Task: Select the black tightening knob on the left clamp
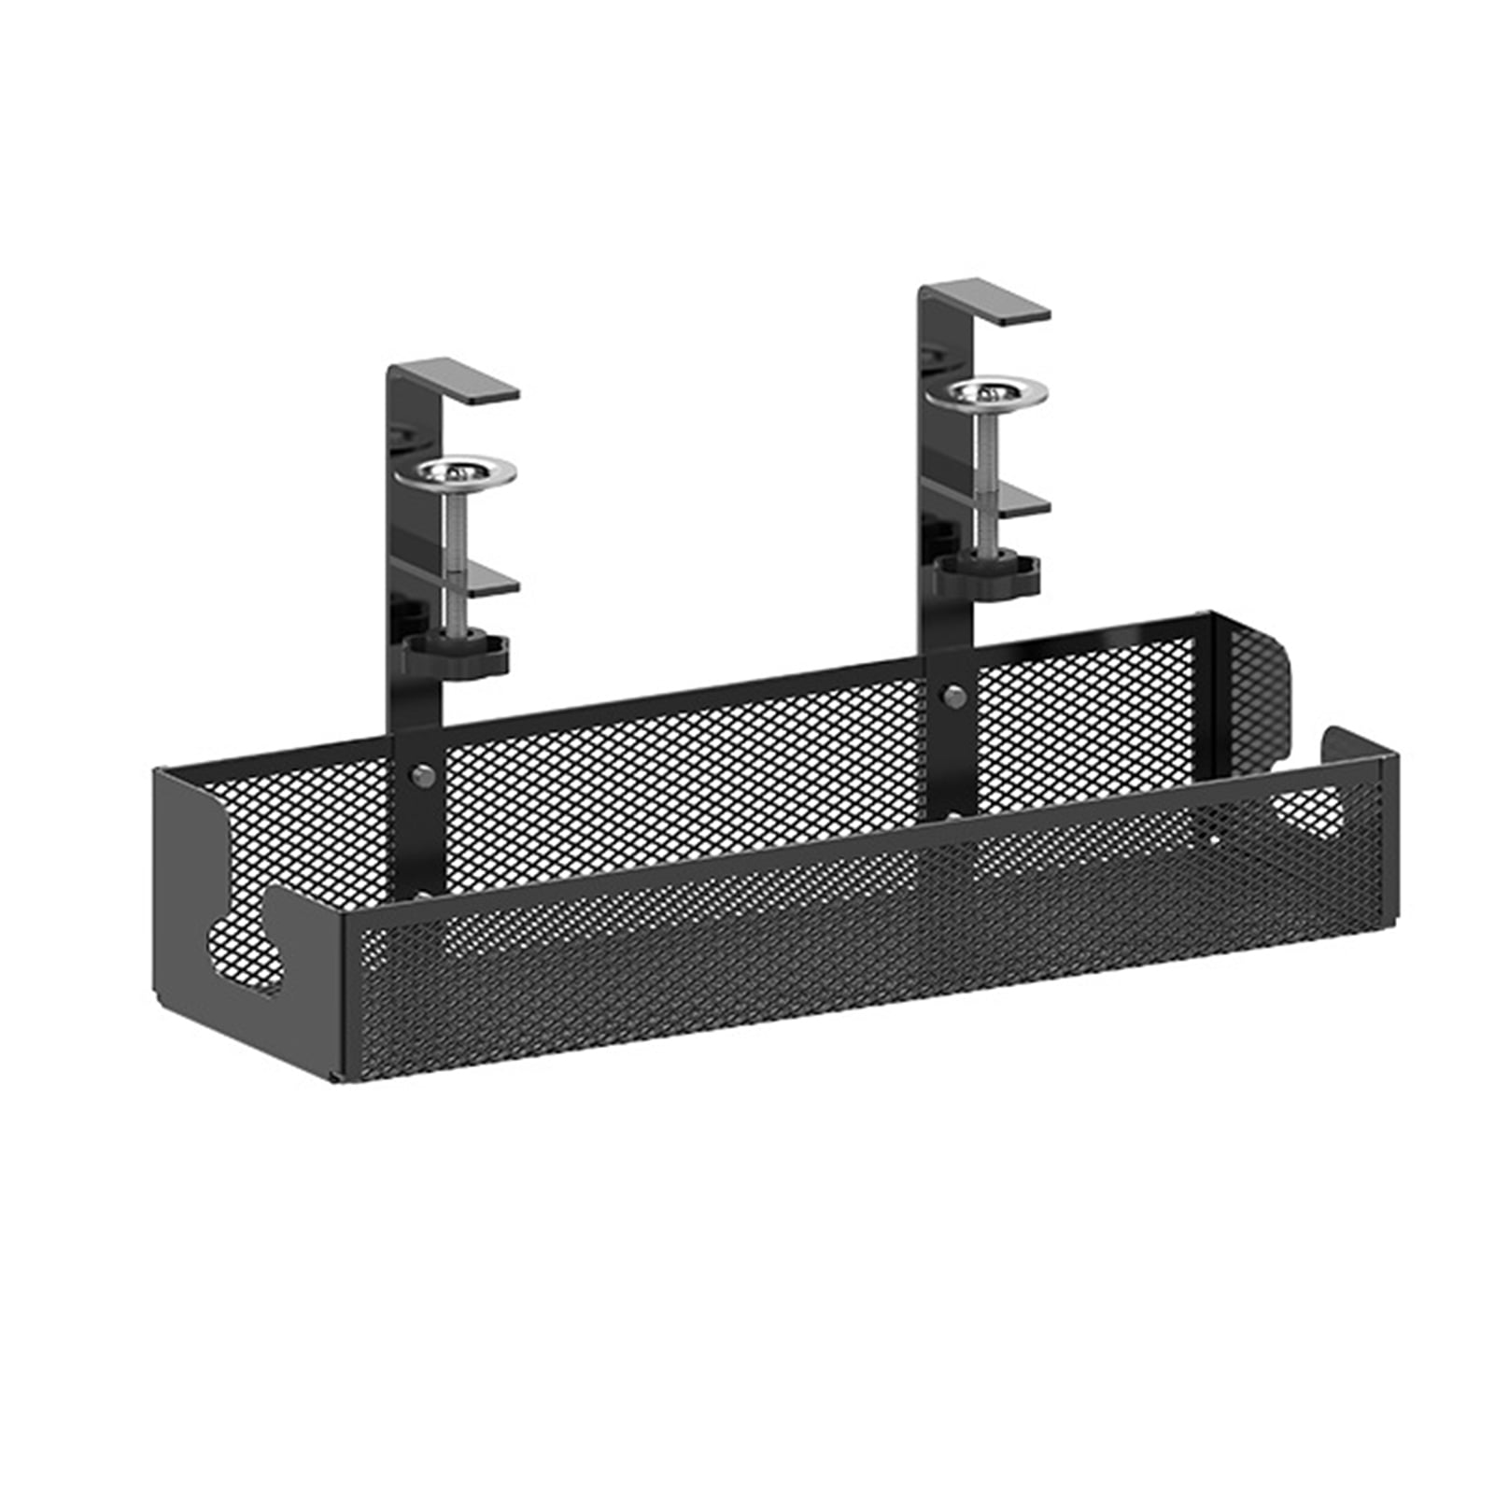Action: tap(458, 654)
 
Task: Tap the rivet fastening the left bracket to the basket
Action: tap(421, 774)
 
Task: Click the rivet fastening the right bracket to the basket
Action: tap(953, 695)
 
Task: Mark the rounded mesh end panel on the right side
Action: tap(1256, 691)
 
